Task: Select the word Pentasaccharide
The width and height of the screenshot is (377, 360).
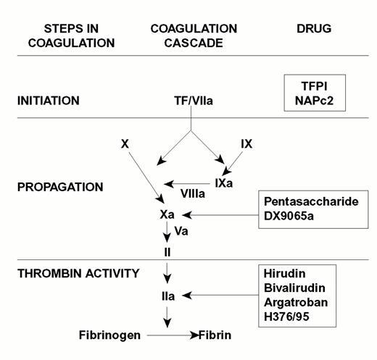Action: click(x=315, y=201)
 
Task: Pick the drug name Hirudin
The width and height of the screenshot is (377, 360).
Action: click(x=287, y=274)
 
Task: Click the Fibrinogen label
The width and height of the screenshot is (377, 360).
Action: click(x=110, y=336)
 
